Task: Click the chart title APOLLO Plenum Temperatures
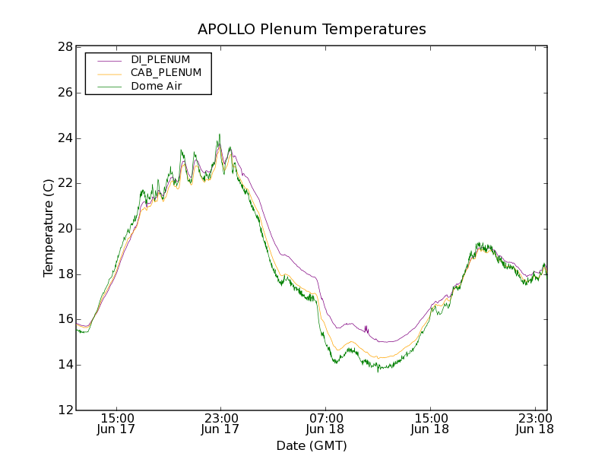pos(312,30)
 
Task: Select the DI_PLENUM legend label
pos(160,59)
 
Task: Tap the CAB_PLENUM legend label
pos(166,73)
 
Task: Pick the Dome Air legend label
pos(157,87)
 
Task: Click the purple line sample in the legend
pos(109,60)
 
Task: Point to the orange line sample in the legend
pos(109,74)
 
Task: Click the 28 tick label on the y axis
pos(65,47)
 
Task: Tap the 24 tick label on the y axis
pos(65,138)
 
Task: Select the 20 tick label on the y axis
pos(65,229)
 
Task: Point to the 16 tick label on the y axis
pos(65,319)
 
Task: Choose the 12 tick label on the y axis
pos(65,410)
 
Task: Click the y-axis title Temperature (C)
pos(49,228)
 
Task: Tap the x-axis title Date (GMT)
pos(312,445)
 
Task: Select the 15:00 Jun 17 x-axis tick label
pos(118,424)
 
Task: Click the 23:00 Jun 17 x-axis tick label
pos(220,424)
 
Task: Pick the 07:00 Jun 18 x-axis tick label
pos(325,424)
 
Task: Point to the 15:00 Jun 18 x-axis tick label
pos(430,424)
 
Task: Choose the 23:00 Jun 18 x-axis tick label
pos(534,424)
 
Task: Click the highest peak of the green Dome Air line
pos(220,135)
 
